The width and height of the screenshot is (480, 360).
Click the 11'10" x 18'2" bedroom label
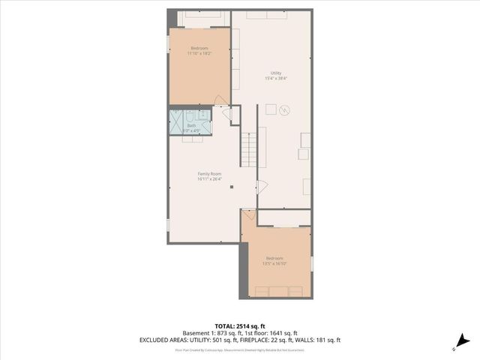[199, 50]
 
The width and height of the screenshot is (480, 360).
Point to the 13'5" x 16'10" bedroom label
[274, 260]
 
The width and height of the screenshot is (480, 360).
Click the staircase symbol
[249, 148]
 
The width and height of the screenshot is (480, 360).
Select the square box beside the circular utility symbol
[271, 109]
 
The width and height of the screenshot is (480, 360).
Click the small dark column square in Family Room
[232, 187]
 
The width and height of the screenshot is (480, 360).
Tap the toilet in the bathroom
[202, 116]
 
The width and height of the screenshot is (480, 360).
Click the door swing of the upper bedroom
[220, 101]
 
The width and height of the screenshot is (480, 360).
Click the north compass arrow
[463, 340]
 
